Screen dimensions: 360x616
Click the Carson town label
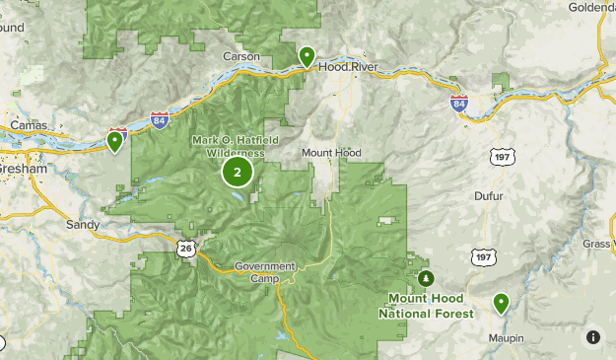(x=241, y=56)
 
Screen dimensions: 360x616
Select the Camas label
(x=29, y=125)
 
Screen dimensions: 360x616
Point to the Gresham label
(x=24, y=169)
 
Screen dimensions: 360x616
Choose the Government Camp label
(x=265, y=272)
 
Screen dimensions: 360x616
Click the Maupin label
(x=504, y=338)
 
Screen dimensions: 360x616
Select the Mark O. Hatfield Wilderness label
(x=229, y=147)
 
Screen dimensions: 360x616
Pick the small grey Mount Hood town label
(x=331, y=153)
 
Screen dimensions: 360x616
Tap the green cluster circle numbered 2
(x=237, y=172)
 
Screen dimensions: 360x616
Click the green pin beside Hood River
(x=308, y=56)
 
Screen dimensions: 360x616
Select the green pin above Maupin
(x=502, y=303)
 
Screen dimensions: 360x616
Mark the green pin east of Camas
(x=116, y=142)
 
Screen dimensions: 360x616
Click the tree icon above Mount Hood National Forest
(x=426, y=277)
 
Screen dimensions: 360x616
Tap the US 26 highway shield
(x=185, y=248)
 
